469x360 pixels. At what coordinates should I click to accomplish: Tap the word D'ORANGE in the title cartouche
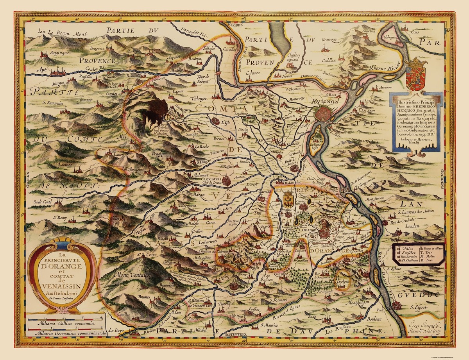(x=63, y=267)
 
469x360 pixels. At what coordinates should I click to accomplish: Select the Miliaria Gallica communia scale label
(x=64, y=324)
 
